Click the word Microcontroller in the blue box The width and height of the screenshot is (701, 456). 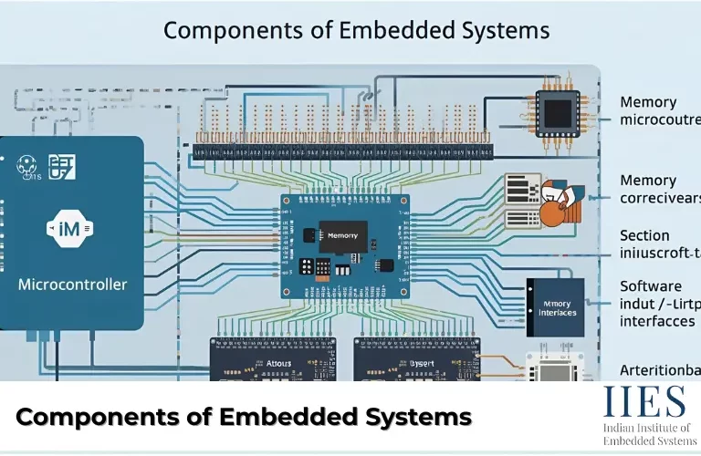tap(73, 285)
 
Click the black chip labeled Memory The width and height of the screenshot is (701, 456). tap(342, 235)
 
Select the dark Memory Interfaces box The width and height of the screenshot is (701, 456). tap(556, 307)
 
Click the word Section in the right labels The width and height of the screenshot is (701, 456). tap(644, 235)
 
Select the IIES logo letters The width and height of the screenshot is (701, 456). tap(643, 402)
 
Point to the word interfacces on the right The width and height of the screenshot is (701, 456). tap(657, 321)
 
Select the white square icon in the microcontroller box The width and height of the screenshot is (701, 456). tap(63, 166)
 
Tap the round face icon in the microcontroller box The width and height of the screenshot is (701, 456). tap(26, 166)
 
